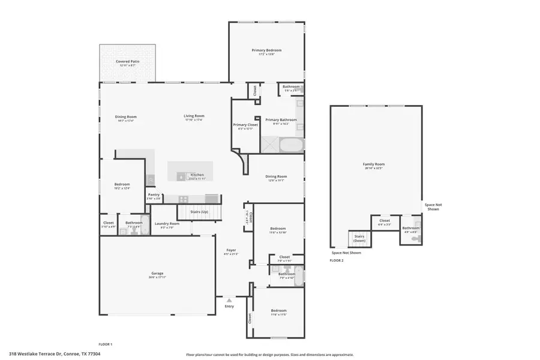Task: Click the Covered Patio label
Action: pyautogui.click(x=127, y=61)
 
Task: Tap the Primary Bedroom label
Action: pyautogui.click(x=266, y=50)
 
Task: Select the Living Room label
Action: pyautogui.click(x=194, y=116)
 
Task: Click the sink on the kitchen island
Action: pyautogui.click(x=181, y=176)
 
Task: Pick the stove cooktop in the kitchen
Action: pyautogui.click(x=183, y=199)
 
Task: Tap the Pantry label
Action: pyautogui.click(x=154, y=194)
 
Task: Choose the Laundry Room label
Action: pyautogui.click(x=166, y=223)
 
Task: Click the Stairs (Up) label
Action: pyautogui.click(x=199, y=212)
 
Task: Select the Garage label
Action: pyautogui.click(x=157, y=273)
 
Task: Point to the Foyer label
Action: pyautogui.click(x=231, y=250)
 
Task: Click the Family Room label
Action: pyautogui.click(x=373, y=164)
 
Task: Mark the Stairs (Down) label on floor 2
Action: pyautogui.click(x=359, y=238)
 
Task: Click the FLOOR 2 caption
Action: pyautogui.click(x=337, y=260)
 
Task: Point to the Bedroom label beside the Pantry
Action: pyautogui.click(x=122, y=184)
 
